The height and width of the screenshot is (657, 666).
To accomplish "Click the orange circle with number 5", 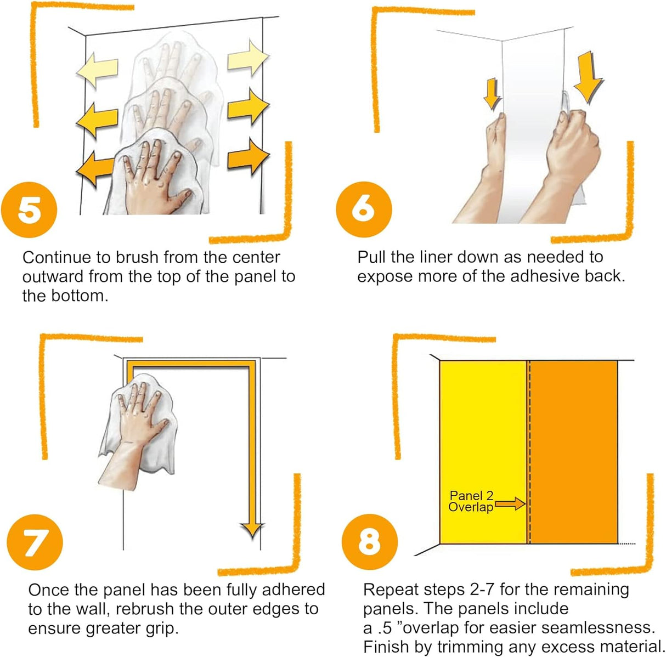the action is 29,210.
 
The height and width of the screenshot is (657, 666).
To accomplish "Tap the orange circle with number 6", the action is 364,209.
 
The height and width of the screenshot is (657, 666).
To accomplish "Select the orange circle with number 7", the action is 35,542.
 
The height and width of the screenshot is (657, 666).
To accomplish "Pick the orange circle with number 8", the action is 369,542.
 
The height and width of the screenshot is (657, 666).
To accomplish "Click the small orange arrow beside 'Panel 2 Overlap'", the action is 510,503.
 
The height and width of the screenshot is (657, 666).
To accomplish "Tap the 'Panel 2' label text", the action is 471,496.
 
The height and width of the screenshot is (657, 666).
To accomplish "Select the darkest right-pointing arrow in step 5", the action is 248,156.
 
